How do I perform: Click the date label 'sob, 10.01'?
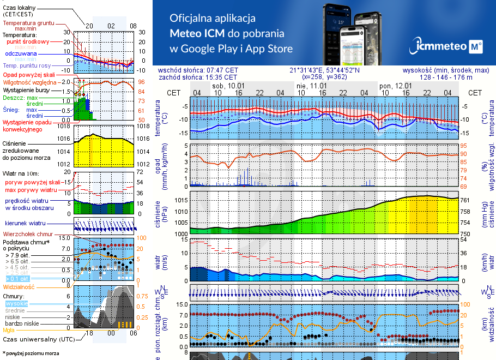pos(228,86)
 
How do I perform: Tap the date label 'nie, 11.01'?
pos(312,86)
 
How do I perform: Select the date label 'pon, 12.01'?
pos(395,86)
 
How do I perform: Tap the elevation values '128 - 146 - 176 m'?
pos(454,77)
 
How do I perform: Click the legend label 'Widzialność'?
pos(19,286)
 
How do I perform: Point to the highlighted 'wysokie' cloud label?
pos(16,303)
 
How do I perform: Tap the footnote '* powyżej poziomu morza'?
pos(30,353)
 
